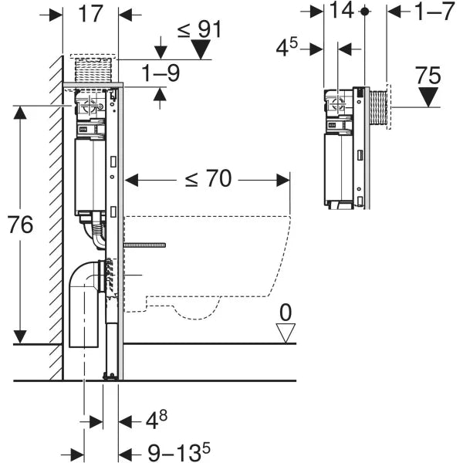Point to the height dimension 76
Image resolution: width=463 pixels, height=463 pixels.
tap(21, 225)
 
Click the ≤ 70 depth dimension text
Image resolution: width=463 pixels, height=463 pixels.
tap(207, 179)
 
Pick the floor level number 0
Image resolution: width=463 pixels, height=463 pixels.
tap(286, 313)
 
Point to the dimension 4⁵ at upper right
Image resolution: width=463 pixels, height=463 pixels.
tap(287, 48)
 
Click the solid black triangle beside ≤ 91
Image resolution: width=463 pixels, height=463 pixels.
tap(201, 51)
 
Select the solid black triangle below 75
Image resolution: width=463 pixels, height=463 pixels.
tap(428, 99)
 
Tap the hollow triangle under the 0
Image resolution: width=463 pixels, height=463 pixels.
tap(286, 333)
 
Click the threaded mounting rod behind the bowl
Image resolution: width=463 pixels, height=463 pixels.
tap(144, 245)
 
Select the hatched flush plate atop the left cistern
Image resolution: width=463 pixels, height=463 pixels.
tap(93, 68)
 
